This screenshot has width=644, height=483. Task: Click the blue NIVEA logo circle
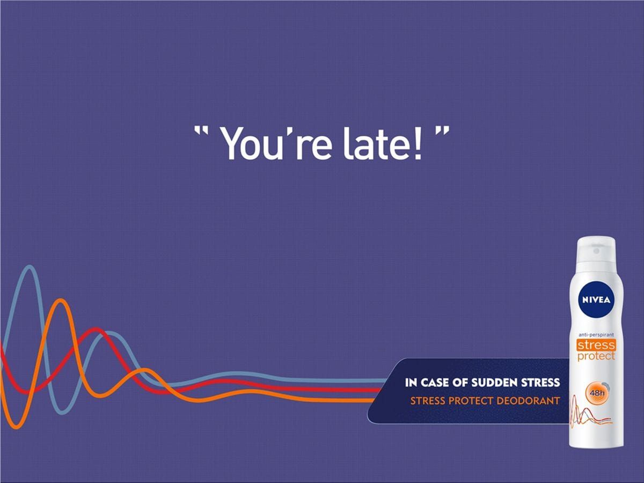coord(596,299)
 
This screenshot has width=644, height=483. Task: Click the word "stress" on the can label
coord(596,345)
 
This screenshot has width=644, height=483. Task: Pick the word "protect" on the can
coord(596,356)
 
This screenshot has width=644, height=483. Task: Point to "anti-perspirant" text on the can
coord(596,334)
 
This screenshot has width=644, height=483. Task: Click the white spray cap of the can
coord(596,252)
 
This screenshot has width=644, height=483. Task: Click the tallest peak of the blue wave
coord(30,267)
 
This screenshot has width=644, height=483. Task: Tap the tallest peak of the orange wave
coord(61,301)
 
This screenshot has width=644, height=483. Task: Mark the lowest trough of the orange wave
coord(17,427)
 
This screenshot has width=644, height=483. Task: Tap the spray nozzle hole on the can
coord(596,251)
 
